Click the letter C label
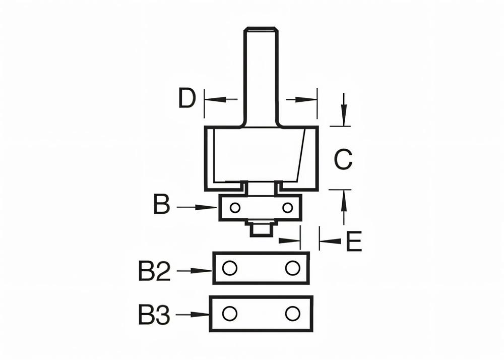point(343,160)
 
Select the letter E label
point(354,242)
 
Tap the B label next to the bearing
point(162,206)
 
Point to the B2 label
point(155,272)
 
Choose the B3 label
point(155,315)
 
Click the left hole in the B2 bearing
point(230,268)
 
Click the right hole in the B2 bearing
point(292,268)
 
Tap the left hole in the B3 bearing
point(230,314)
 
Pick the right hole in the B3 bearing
point(292,314)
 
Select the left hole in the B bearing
point(235,207)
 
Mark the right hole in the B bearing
point(287,207)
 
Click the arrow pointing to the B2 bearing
point(195,271)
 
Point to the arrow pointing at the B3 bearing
point(193,315)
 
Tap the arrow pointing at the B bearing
point(198,207)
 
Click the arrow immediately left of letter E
point(330,242)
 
